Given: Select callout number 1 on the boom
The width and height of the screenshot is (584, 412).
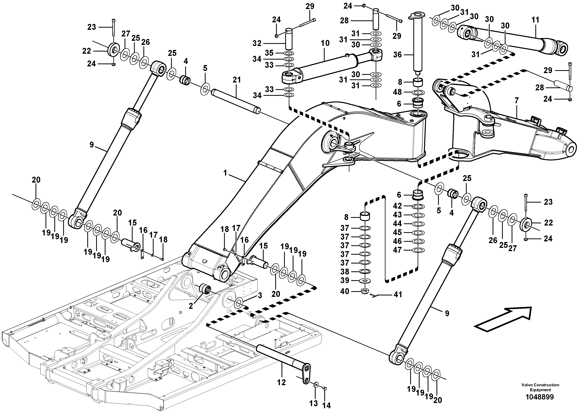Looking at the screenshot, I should coord(225,173).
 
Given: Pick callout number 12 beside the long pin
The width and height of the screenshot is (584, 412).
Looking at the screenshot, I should coord(281,382).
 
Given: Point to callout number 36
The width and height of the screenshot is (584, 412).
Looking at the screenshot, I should coord(397,55).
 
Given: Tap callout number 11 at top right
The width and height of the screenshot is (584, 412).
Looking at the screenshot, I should coord(535,20).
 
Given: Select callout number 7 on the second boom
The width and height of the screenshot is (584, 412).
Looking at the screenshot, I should coord(516,101).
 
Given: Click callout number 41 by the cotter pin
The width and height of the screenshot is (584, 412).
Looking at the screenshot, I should coord(398,294).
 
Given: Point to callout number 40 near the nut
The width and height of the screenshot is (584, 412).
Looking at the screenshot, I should coord(345,291).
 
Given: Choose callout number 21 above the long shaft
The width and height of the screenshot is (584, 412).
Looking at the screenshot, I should coord(237,80).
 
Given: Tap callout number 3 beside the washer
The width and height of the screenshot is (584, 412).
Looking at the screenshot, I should coord(260,295).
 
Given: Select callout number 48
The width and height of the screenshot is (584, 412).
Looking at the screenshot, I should coord(397,92).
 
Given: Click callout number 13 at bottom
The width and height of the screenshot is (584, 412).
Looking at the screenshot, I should coord(314,403).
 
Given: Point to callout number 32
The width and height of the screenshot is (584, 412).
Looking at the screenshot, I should coord(257,43).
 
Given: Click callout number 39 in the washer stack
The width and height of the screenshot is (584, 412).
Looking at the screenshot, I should coord(345,280).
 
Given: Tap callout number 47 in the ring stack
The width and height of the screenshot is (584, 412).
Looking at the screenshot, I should coord(397,250).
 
